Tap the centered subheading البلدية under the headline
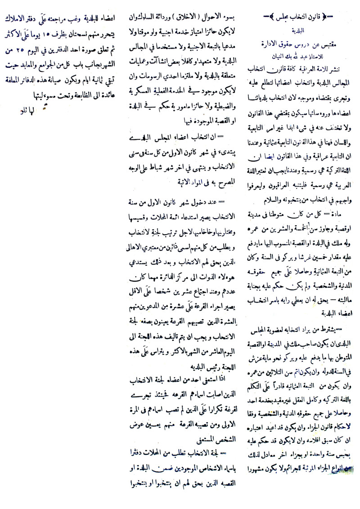(x=295, y=32)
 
